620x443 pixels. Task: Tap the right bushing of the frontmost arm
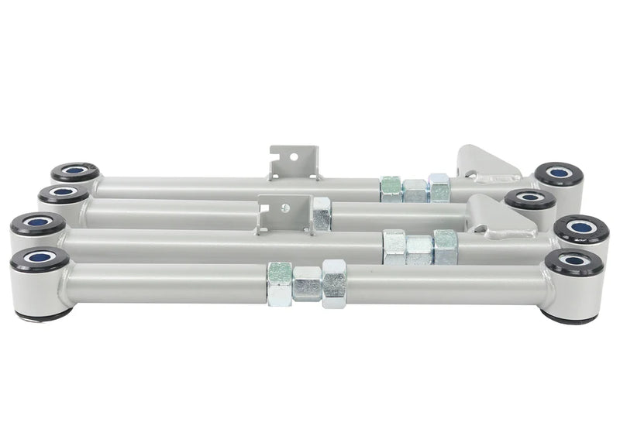[574, 262]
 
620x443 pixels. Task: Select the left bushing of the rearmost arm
[75, 171]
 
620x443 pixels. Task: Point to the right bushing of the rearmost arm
[560, 173]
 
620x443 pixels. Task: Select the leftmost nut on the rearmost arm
[391, 189]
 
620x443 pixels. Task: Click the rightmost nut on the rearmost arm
[439, 187]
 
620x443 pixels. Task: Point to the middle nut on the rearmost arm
[415, 191]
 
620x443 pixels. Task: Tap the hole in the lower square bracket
[284, 208]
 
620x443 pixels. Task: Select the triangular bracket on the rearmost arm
[484, 165]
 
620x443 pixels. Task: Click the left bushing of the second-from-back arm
[64, 194]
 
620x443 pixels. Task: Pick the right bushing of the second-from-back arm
[530, 199]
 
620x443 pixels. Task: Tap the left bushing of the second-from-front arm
[38, 223]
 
